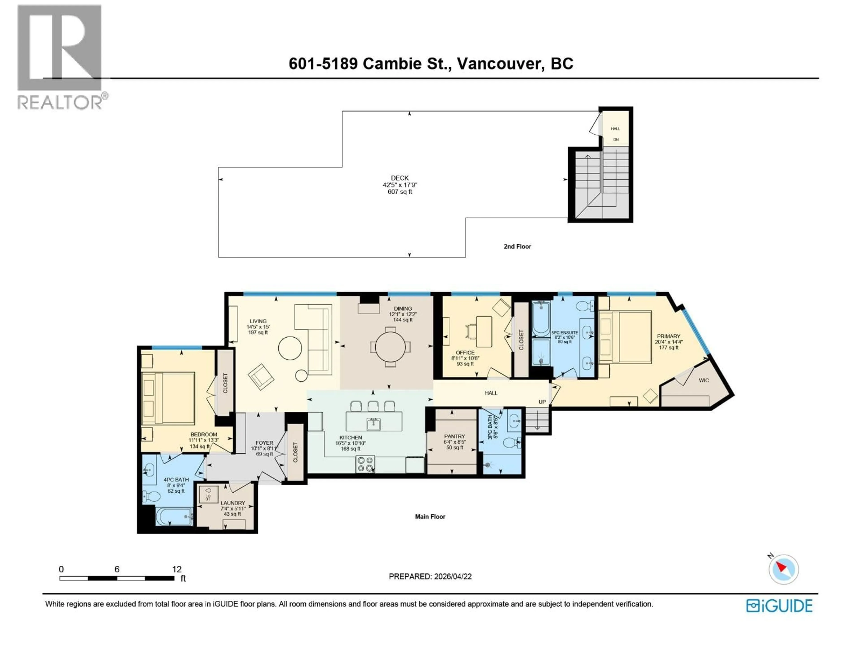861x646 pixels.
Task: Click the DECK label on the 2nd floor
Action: [400, 178]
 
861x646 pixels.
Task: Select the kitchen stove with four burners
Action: [365, 464]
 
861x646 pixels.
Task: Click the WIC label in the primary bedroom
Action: [704, 380]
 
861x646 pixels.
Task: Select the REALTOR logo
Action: [60, 57]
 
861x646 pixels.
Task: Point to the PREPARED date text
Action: [430, 576]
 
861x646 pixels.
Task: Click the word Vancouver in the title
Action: [500, 63]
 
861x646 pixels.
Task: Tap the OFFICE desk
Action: [484, 331]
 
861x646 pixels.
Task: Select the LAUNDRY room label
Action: [233, 503]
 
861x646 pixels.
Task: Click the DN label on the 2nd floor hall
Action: [616, 139]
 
